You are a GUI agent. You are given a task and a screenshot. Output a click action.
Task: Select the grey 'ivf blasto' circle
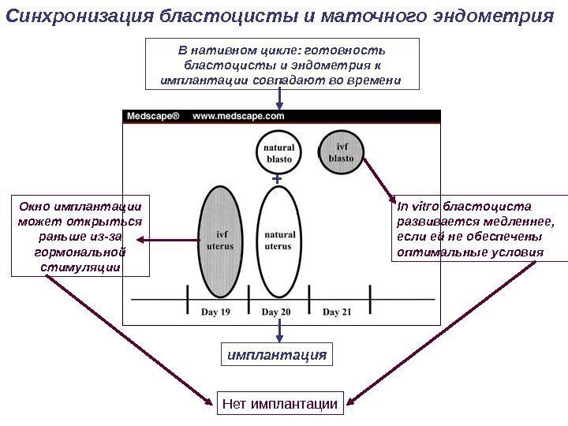pyautogui.click(x=341, y=151)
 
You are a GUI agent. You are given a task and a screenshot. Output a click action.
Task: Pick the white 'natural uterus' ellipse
pyautogui.click(x=278, y=240)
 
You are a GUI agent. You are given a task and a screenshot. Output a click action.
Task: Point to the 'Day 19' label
pyautogui.click(x=215, y=312)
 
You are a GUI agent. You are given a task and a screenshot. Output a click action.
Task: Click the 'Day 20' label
pyautogui.click(x=276, y=312)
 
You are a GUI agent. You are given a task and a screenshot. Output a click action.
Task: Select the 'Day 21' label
pyautogui.click(x=337, y=312)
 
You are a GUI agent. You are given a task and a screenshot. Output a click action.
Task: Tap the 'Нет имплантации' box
pyautogui.click(x=279, y=405)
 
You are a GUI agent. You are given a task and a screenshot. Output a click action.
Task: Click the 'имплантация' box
pyautogui.click(x=276, y=355)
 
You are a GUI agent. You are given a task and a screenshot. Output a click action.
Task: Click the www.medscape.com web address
pyautogui.click(x=238, y=116)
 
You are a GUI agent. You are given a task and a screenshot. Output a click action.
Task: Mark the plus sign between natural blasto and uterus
pyautogui.click(x=276, y=181)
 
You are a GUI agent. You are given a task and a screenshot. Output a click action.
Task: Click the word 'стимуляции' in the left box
pyautogui.click(x=80, y=267)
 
